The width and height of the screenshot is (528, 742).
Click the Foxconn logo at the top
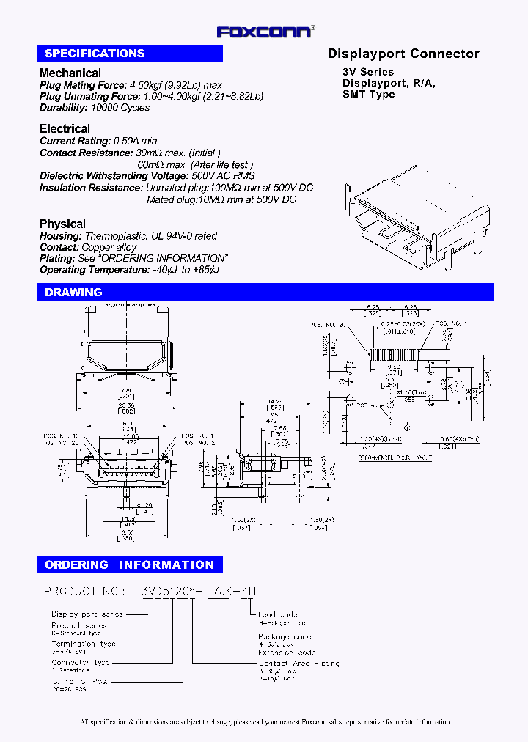click(265, 31)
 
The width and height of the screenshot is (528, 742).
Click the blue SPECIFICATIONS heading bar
click(130, 54)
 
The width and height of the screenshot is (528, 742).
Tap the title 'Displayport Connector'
click(403, 54)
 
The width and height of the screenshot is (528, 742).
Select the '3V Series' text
click(368, 72)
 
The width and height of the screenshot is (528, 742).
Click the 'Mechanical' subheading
click(70, 73)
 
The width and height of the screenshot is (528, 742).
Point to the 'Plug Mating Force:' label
click(83, 85)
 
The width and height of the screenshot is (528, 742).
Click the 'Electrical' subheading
click(65, 129)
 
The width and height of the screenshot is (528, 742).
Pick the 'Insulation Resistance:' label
click(91, 188)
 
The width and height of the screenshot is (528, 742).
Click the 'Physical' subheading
click(62, 224)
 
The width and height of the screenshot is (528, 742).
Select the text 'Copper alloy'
click(109, 248)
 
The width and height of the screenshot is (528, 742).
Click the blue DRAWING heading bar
click(265, 293)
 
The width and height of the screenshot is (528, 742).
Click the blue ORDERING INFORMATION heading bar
click(130, 565)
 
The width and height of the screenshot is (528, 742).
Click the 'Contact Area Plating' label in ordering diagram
click(298, 663)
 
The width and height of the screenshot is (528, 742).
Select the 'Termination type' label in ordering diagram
click(84, 643)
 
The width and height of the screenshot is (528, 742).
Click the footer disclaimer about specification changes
click(265, 722)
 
